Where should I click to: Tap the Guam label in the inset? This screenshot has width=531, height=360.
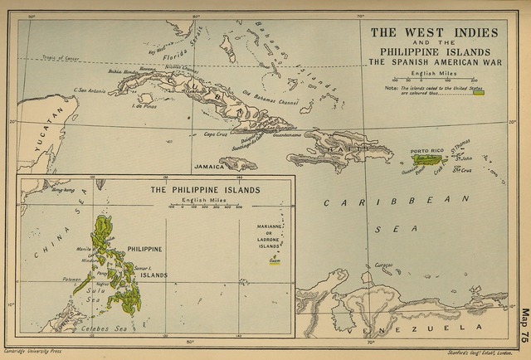point(274,260)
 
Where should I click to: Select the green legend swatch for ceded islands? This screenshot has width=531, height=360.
point(478,93)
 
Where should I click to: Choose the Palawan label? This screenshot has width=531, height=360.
point(72,280)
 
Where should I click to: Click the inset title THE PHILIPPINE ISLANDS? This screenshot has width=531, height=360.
point(205,190)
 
